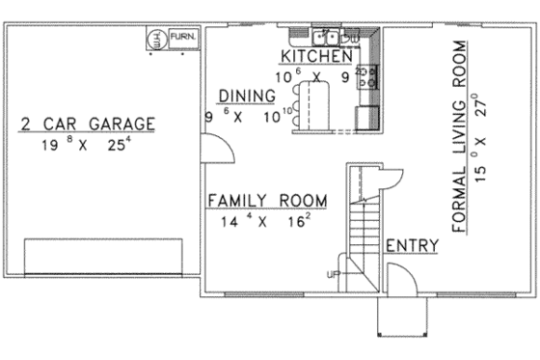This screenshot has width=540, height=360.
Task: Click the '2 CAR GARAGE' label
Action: click(x=87, y=123)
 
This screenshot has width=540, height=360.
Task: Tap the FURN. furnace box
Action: click(x=183, y=38)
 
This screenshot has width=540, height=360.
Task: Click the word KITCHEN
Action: click(x=314, y=57)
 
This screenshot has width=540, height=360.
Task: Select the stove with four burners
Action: click(x=367, y=74)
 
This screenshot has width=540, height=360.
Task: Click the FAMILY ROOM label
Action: click(x=267, y=201)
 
